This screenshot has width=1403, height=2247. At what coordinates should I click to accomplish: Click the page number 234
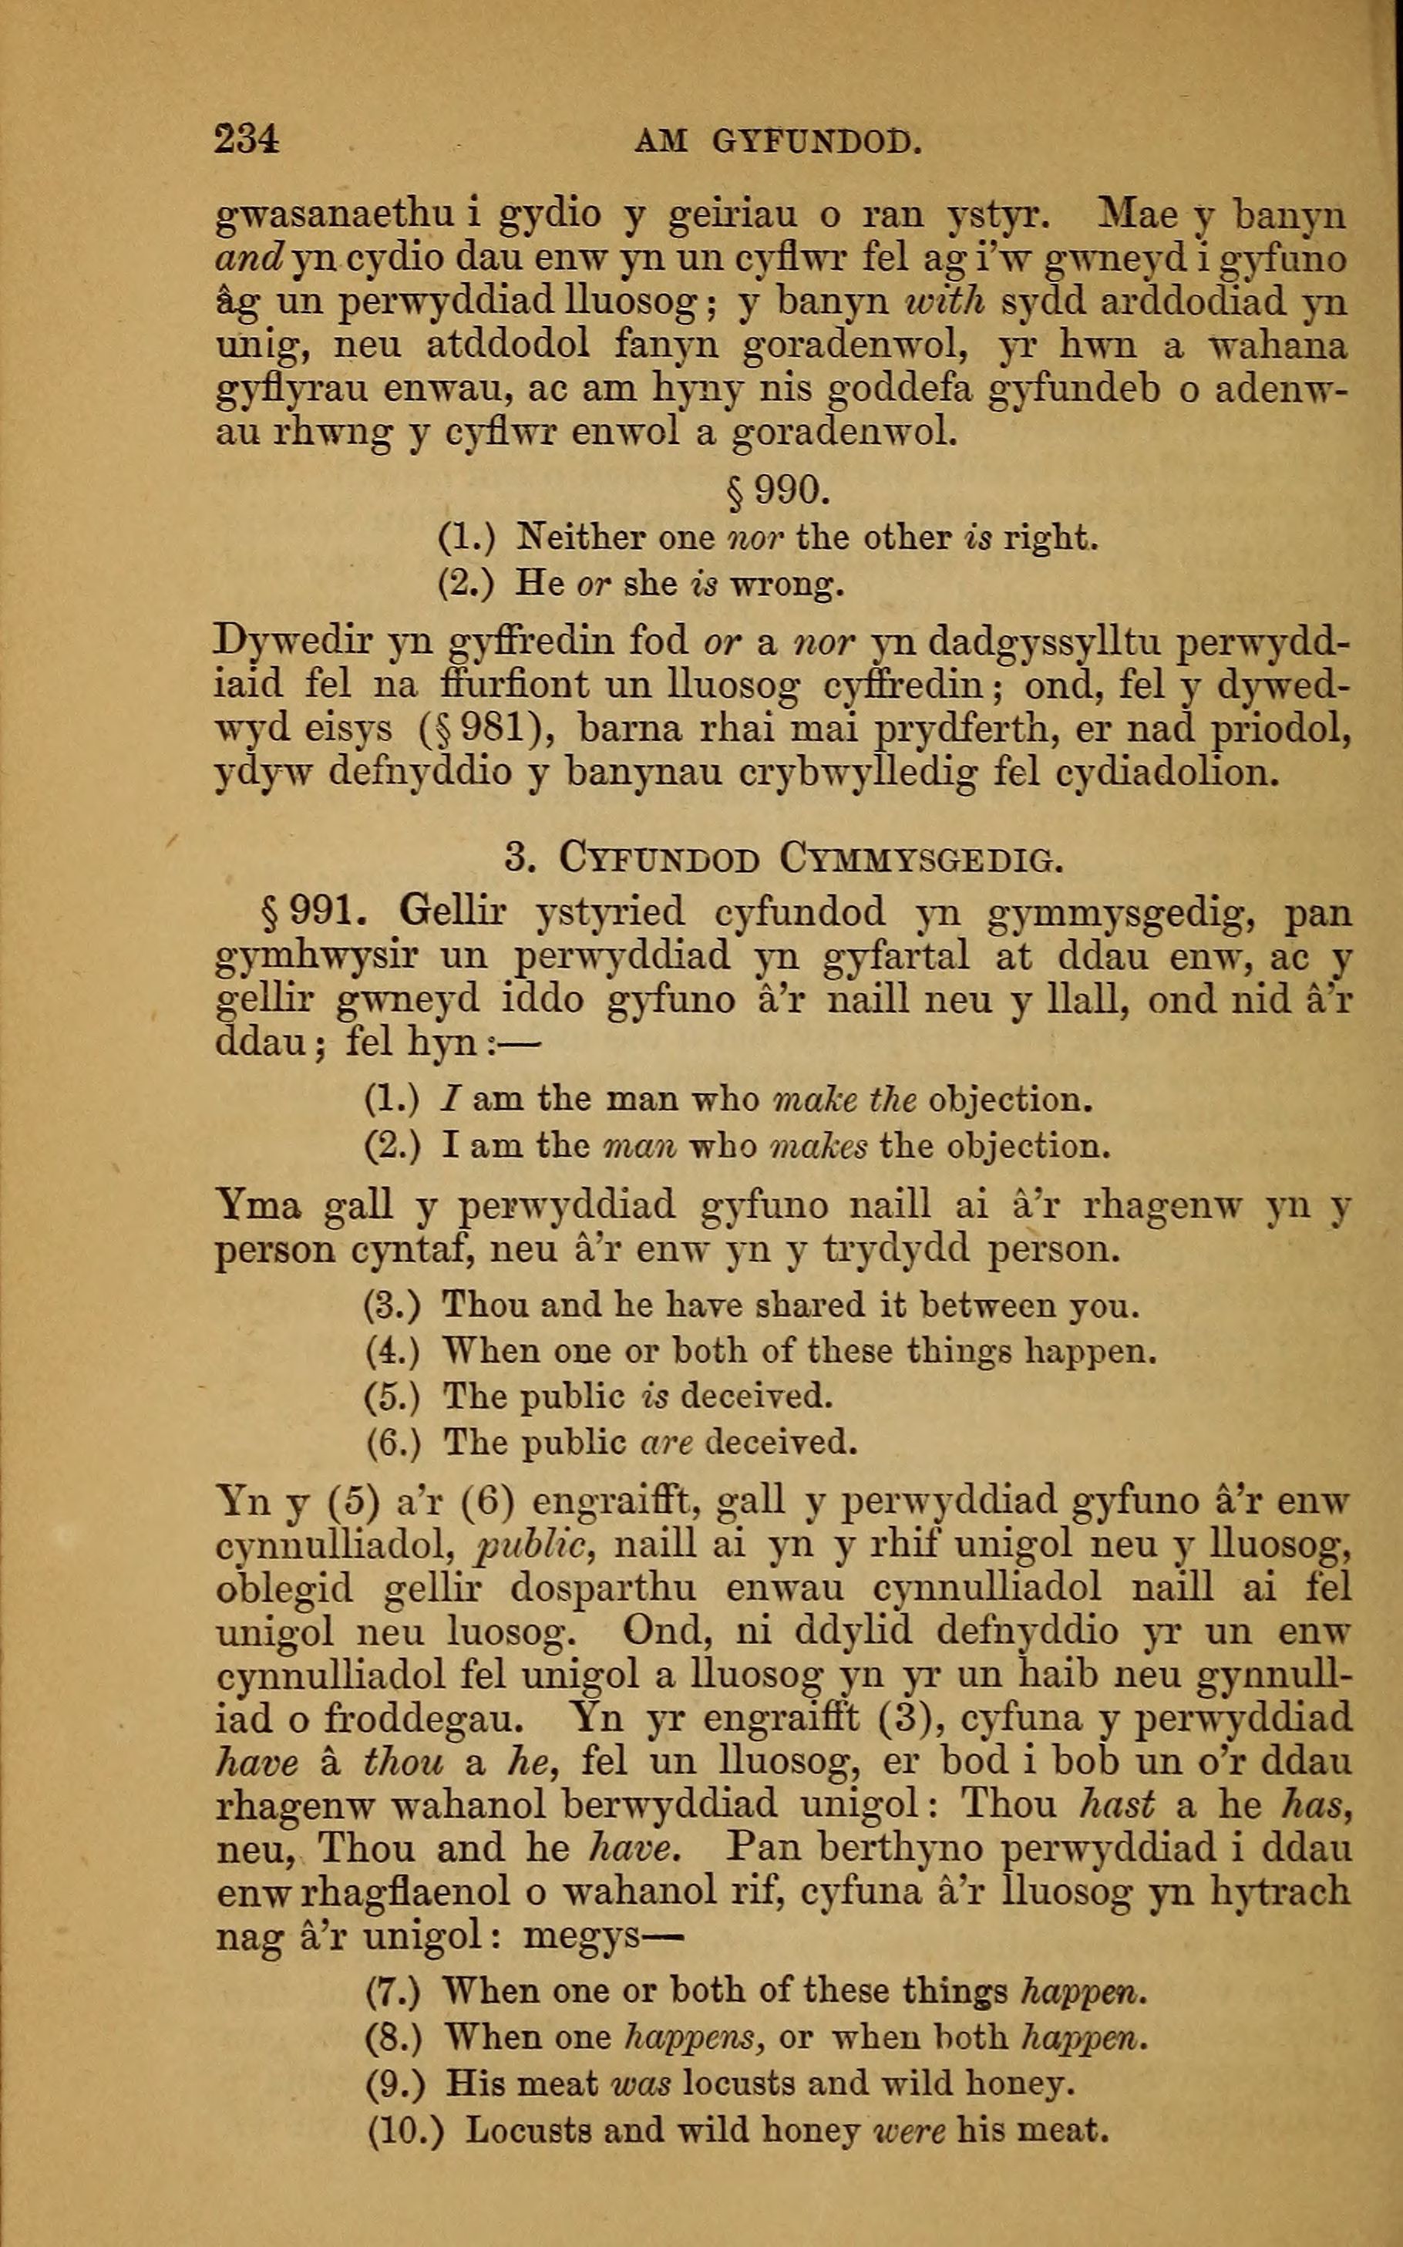(x=247, y=140)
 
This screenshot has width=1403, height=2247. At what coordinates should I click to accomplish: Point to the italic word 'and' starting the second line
(x=249, y=259)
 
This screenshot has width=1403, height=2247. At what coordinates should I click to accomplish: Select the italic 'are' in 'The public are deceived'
(x=668, y=1441)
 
